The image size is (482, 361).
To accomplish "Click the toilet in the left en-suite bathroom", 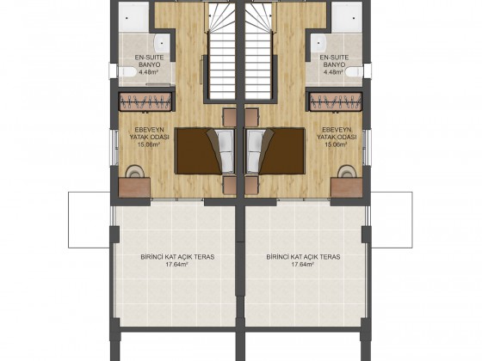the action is (127, 72).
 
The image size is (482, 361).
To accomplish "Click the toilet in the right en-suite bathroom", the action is (354, 72).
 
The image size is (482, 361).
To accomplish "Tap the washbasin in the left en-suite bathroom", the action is (162, 44).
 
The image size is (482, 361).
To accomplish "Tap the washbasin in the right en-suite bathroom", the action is (319, 44).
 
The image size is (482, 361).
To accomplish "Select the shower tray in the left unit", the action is (133, 16).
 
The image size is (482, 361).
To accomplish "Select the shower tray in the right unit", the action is (348, 16).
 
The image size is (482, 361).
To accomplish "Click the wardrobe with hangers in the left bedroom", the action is (145, 101).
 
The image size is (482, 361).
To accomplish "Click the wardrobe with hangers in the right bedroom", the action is (336, 101).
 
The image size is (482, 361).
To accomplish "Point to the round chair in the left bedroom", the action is (135, 171).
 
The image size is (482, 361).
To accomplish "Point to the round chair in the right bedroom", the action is (346, 171).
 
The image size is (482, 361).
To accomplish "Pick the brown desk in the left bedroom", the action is (134, 187).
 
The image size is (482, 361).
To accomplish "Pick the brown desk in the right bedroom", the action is (347, 187).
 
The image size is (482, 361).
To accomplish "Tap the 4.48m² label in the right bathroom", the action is (333, 72).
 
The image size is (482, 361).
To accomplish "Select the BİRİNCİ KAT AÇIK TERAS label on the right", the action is (303, 257).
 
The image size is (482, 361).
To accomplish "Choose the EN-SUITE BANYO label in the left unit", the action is (150, 61).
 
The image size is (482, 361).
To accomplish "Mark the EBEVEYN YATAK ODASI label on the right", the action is (337, 133).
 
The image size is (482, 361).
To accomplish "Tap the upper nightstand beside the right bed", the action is (251, 117).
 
